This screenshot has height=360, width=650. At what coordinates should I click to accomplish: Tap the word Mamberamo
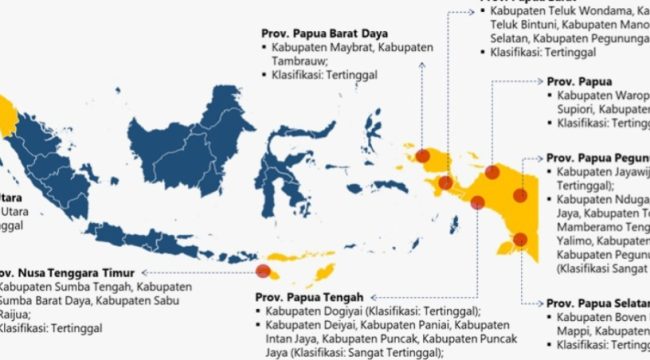591,227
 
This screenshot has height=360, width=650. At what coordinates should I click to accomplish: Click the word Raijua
16,312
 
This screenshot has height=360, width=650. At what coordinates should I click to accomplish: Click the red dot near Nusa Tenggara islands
263,270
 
